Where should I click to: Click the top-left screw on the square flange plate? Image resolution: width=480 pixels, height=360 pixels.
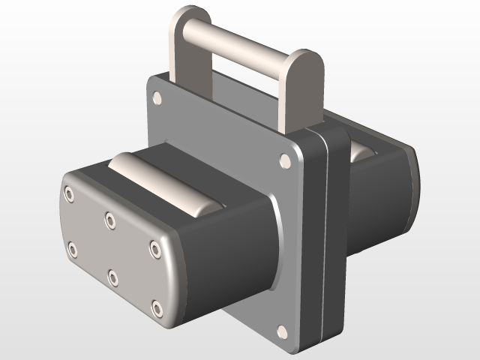tap(157, 97)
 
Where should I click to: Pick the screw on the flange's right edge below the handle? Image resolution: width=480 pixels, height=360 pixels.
tap(285, 160)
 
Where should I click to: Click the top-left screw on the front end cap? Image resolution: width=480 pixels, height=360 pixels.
tap(69, 195)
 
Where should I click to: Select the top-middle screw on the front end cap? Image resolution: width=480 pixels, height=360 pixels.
tap(110, 220)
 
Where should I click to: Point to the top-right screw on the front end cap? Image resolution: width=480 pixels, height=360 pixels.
tap(154, 247)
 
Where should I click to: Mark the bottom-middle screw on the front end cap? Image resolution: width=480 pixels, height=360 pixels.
tap(113, 278)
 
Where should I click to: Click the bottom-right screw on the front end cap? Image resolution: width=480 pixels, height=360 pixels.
tap(157, 307)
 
